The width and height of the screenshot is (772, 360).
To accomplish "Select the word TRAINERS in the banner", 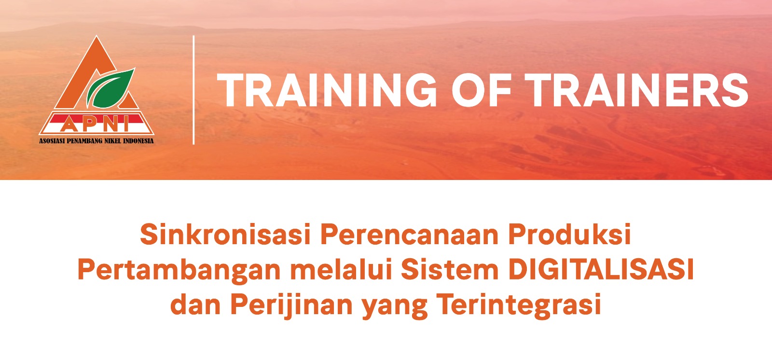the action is [x=637, y=90].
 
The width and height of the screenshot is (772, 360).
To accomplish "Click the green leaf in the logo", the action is [x=110, y=88].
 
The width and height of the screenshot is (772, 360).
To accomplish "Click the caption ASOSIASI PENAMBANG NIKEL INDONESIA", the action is [x=96, y=141].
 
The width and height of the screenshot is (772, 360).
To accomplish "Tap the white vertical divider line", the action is [x=193, y=90].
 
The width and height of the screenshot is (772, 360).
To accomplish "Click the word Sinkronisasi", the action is [x=226, y=234].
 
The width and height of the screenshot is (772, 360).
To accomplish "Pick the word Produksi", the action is [x=569, y=234].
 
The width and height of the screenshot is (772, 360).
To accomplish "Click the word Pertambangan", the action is [x=179, y=270].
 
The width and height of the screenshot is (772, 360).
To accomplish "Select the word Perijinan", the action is [x=291, y=305].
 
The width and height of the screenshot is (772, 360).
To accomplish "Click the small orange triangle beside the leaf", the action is [x=129, y=101].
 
